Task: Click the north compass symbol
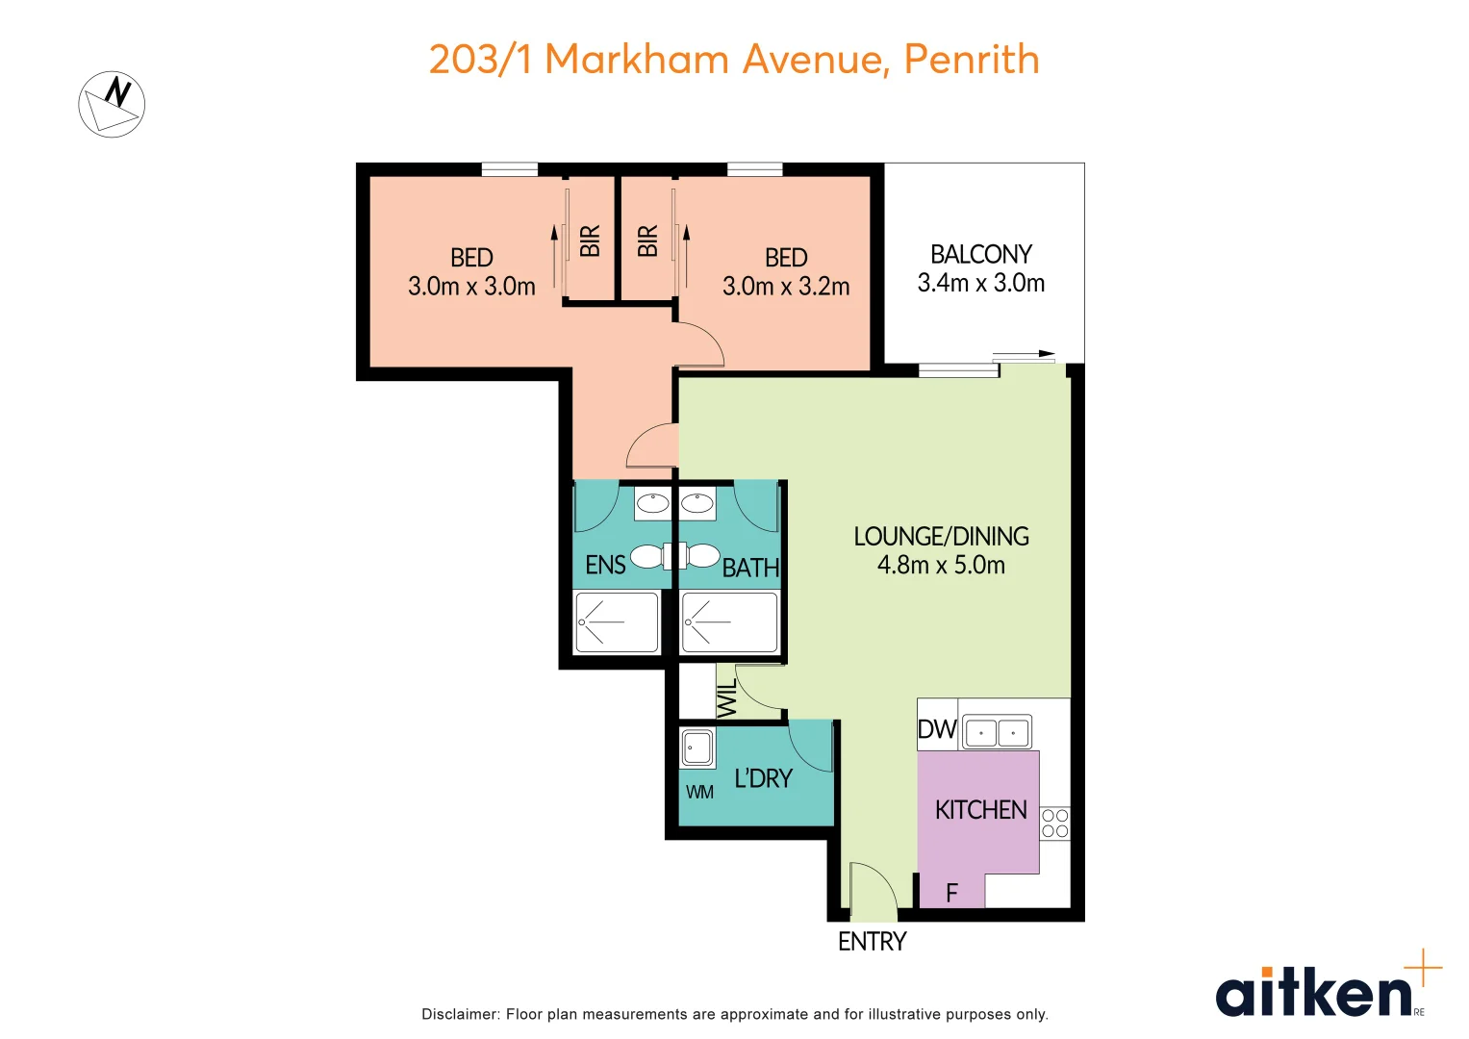[112, 104]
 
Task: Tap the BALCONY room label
[981, 255]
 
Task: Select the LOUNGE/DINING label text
[941, 537]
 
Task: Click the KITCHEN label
[980, 810]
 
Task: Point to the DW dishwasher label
[936, 729]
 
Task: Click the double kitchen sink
[997, 732]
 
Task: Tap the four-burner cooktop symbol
[1054, 824]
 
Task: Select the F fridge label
[952, 893]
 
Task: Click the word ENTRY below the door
[873, 942]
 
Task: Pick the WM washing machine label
[699, 793]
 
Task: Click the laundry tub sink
[697, 748]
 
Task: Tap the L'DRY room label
[763, 778]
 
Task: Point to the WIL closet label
[728, 697]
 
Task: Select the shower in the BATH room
[730, 621]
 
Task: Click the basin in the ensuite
[652, 504]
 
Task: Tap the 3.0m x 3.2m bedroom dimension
[786, 287]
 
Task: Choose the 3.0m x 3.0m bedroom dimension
[471, 287]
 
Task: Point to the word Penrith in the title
[972, 60]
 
